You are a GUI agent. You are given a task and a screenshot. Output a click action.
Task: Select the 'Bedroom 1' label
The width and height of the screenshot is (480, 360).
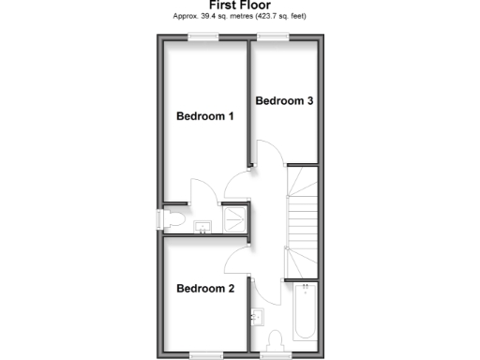pos(205,116)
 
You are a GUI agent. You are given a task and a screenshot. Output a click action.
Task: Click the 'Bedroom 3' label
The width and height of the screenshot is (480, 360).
pos(284,101)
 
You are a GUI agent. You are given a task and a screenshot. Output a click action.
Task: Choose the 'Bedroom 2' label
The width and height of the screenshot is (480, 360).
pos(205,288)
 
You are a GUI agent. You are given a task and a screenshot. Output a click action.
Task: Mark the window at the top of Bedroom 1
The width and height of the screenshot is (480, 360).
pos(200,37)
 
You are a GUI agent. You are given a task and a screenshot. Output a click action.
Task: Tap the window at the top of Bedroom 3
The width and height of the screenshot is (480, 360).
pos(272,37)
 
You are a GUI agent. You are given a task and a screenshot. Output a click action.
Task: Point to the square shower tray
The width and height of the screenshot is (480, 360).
pos(235,218)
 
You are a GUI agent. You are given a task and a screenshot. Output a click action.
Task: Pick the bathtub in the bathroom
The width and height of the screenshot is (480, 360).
pos(305,314)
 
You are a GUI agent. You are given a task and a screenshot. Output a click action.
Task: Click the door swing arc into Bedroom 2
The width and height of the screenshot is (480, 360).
pos(265,286)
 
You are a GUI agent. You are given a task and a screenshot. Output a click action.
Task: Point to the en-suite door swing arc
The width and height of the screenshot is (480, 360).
pos(202,190)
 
